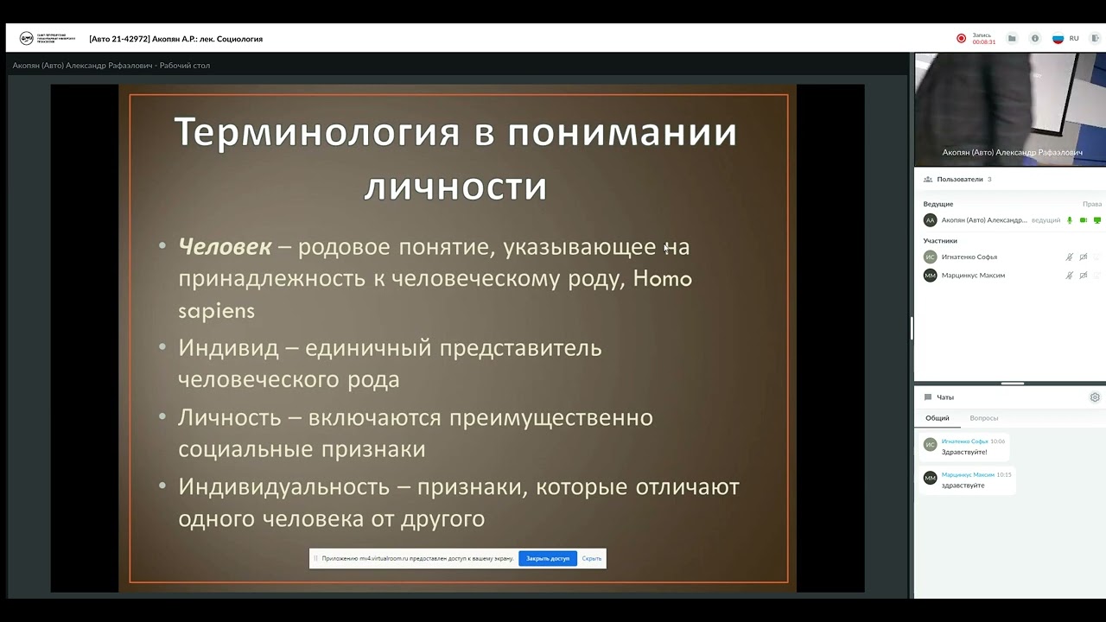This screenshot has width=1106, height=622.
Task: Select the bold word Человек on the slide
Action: click(x=225, y=247)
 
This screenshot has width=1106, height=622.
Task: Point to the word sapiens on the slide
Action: click(x=216, y=311)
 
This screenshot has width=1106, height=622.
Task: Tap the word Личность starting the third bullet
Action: click(x=230, y=417)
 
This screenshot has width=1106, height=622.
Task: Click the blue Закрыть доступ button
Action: click(x=548, y=559)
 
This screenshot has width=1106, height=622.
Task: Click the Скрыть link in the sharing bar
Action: click(x=592, y=559)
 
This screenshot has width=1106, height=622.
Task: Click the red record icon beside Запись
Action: click(x=961, y=38)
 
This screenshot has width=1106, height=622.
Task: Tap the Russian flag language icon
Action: click(x=1058, y=38)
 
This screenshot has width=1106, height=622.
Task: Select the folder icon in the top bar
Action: click(x=1012, y=38)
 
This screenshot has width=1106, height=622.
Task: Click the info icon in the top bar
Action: click(x=1034, y=38)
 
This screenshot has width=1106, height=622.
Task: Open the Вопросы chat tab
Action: click(x=983, y=418)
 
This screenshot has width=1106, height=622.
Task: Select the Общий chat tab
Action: click(x=938, y=418)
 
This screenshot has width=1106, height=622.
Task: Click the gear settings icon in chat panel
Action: click(x=1095, y=397)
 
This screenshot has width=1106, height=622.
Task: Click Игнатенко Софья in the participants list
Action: click(x=969, y=257)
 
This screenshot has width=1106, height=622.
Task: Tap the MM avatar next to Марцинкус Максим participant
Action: click(x=930, y=276)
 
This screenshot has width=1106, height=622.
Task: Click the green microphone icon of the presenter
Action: click(x=1070, y=220)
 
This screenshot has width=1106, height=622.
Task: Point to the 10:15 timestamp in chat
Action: click(x=1004, y=474)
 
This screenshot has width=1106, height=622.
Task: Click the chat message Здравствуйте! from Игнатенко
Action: click(x=963, y=452)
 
